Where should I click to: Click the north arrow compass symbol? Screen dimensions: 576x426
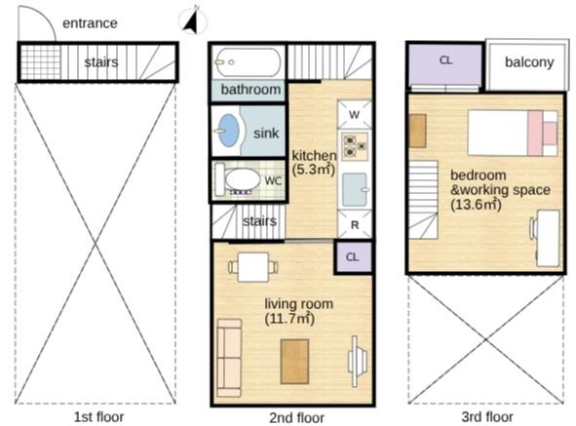[x=193, y=20]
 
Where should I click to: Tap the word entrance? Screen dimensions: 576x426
[x=90, y=23]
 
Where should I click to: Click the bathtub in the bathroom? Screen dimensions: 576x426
[x=248, y=62]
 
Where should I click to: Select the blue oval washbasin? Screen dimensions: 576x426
[x=228, y=131]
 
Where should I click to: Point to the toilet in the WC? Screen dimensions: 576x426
[x=238, y=179]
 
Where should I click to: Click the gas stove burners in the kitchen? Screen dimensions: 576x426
[x=355, y=145]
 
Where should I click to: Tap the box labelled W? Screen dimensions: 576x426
[x=354, y=114]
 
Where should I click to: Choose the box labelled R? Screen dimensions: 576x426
[x=355, y=224]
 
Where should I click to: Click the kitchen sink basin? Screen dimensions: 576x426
[x=355, y=189]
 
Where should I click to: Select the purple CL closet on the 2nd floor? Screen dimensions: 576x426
[x=353, y=256]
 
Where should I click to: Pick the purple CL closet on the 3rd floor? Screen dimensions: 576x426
[x=444, y=64]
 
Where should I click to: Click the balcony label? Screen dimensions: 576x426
[x=529, y=62]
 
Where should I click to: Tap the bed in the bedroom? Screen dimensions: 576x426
[x=513, y=133]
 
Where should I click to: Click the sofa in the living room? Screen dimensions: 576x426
[x=229, y=358]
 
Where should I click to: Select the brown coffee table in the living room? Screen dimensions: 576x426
[x=294, y=362]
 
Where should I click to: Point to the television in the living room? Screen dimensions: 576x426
[x=357, y=361]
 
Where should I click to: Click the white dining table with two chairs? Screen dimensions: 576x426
[x=253, y=267]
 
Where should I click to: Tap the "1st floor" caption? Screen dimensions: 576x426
[x=99, y=417]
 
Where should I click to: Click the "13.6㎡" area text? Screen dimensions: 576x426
[x=476, y=205]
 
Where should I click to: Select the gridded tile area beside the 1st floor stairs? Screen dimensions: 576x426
[x=40, y=62]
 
